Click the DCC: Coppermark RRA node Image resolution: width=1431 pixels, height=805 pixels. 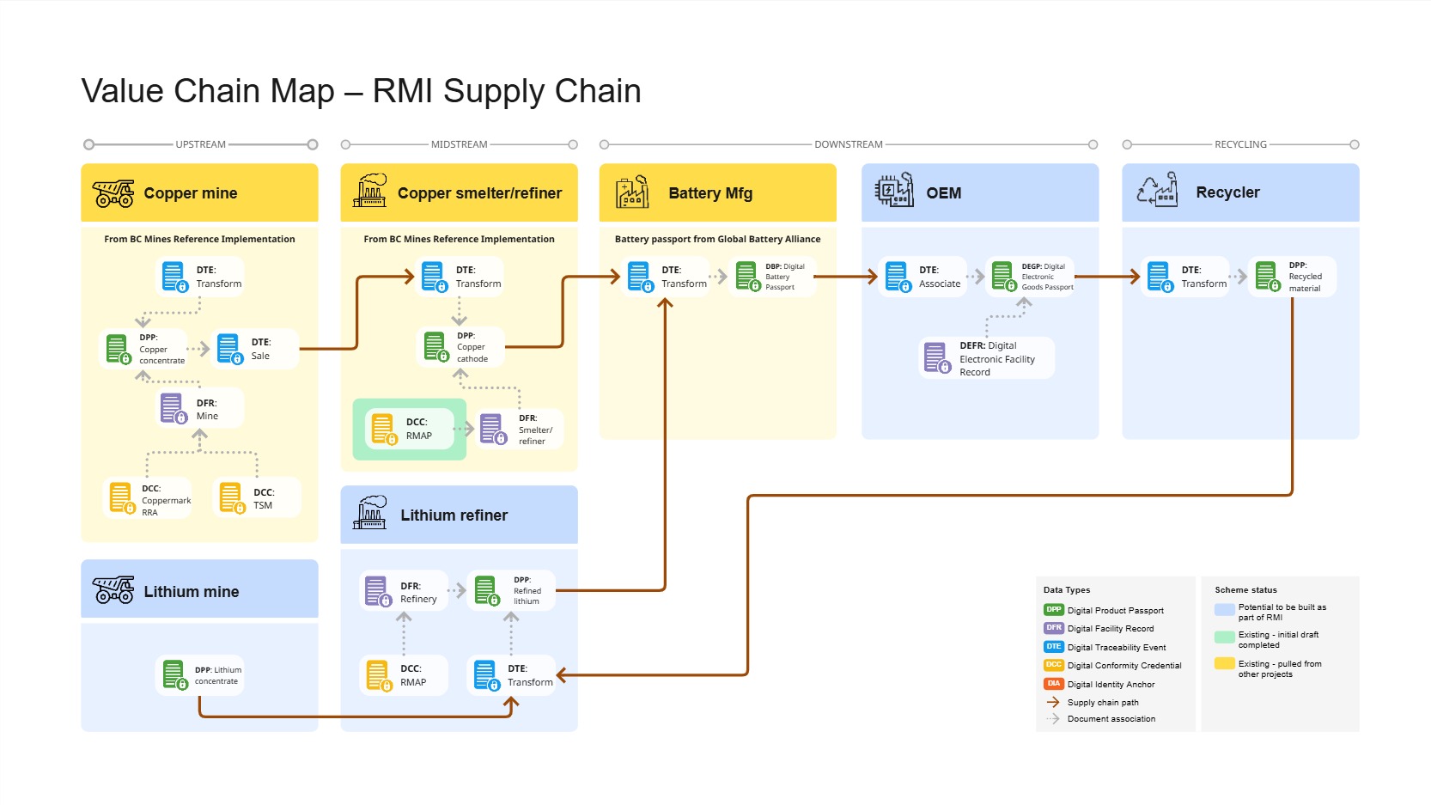point(147,498)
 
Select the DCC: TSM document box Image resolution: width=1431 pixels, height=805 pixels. point(257,498)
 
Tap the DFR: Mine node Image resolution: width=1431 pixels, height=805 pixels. point(200,409)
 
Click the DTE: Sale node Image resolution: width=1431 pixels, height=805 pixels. point(255,349)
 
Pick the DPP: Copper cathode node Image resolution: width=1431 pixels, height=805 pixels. point(460,347)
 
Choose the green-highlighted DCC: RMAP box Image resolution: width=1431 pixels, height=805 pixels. point(410,429)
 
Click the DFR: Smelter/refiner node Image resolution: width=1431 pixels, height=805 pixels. point(520,429)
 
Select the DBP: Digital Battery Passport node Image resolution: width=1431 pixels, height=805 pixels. point(772,277)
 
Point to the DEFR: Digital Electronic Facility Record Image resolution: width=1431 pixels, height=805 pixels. point(986,358)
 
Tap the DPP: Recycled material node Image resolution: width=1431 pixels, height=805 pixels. point(1292,277)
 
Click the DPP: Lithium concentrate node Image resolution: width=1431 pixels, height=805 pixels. point(200,675)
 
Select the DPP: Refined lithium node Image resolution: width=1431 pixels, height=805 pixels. point(511,590)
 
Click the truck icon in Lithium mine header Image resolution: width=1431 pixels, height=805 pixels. point(113,590)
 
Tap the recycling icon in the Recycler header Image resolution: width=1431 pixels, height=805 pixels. point(1156,191)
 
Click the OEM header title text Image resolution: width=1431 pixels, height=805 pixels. point(943,193)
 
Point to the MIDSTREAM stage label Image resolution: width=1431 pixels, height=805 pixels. point(459,144)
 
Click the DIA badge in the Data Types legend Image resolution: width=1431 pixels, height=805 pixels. point(1053,684)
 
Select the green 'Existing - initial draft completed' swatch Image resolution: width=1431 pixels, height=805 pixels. point(1224,637)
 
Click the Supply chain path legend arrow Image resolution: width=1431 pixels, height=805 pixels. point(1053,702)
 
